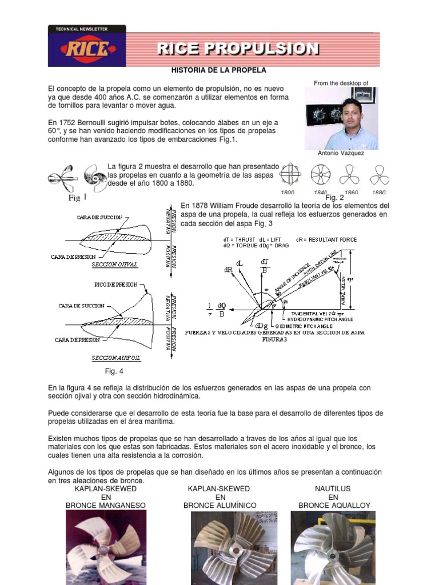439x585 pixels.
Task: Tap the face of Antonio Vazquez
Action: pyautogui.click(x=352, y=113)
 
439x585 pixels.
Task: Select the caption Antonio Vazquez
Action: pyautogui.click(x=341, y=153)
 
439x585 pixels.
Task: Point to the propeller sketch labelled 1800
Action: pyautogui.click(x=291, y=174)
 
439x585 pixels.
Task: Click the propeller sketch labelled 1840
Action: pyautogui.click(x=320, y=174)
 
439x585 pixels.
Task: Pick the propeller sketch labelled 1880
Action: pyautogui.click(x=379, y=174)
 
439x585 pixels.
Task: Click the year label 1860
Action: pyautogui.click(x=350, y=193)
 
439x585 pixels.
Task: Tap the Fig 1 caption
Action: pyautogui.click(x=78, y=198)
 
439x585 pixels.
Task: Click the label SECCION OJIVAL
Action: pyautogui.click(x=112, y=265)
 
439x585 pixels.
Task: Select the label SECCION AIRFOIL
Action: pyautogui.click(x=116, y=358)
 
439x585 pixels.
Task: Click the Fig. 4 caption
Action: pyautogui.click(x=110, y=371)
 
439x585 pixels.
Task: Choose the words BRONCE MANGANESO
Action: pyautogui.click(x=106, y=506)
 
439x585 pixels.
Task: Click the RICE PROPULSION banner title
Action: pyautogui.click(x=238, y=49)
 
